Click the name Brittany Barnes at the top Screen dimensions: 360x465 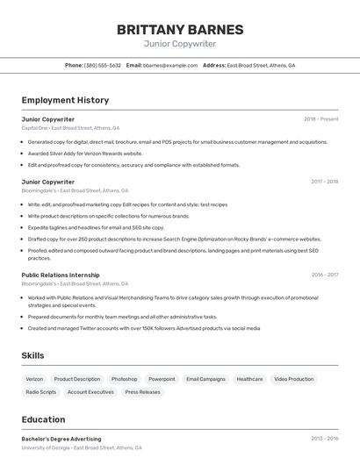pyautogui.click(x=180, y=29)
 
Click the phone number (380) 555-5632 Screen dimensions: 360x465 pyautogui.click(x=103, y=66)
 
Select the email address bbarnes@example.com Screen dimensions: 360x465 pyautogui.click(x=170, y=66)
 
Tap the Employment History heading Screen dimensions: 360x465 pyautogui.click(x=65, y=101)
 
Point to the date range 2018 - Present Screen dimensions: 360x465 pyautogui.click(x=320, y=119)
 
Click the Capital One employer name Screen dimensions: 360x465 pyautogui.click(x=35, y=128)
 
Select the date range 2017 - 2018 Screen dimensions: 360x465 pyautogui.click(x=324, y=182)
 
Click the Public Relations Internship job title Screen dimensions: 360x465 pyautogui.click(x=61, y=275)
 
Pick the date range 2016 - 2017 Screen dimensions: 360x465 pyautogui.click(x=324, y=275)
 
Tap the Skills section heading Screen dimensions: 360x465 pyautogui.click(x=33, y=355)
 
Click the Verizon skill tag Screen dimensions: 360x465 pyautogui.click(x=35, y=379)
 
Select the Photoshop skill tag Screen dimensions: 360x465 pyautogui.click(x=124, y=379)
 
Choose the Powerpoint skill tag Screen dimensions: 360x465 pyautogui.click(x=162, y=379)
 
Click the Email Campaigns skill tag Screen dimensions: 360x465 pyautogui.click(x=205, y=379)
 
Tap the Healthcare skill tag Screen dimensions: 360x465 pyautogui.click(x=249, y=379)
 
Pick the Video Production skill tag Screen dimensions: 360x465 pyautogui.click(x=293, y=379)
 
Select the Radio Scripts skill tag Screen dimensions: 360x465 pyautogui.click(x=41, y=392)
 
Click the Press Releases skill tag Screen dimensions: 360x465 pyautogui.click(x=142, y=392)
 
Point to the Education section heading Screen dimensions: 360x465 pyautogui.click(x=43, y=419)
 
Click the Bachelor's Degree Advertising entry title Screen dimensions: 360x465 pyautogui.click(x=61, y=439)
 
